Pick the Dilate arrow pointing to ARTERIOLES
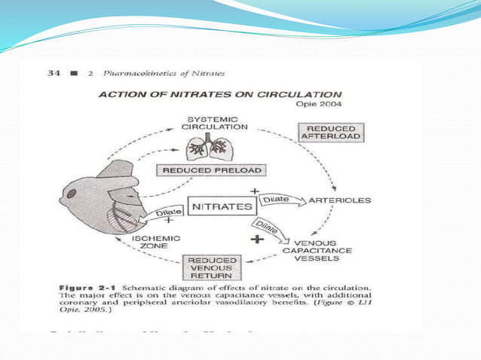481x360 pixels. click(279, 200)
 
